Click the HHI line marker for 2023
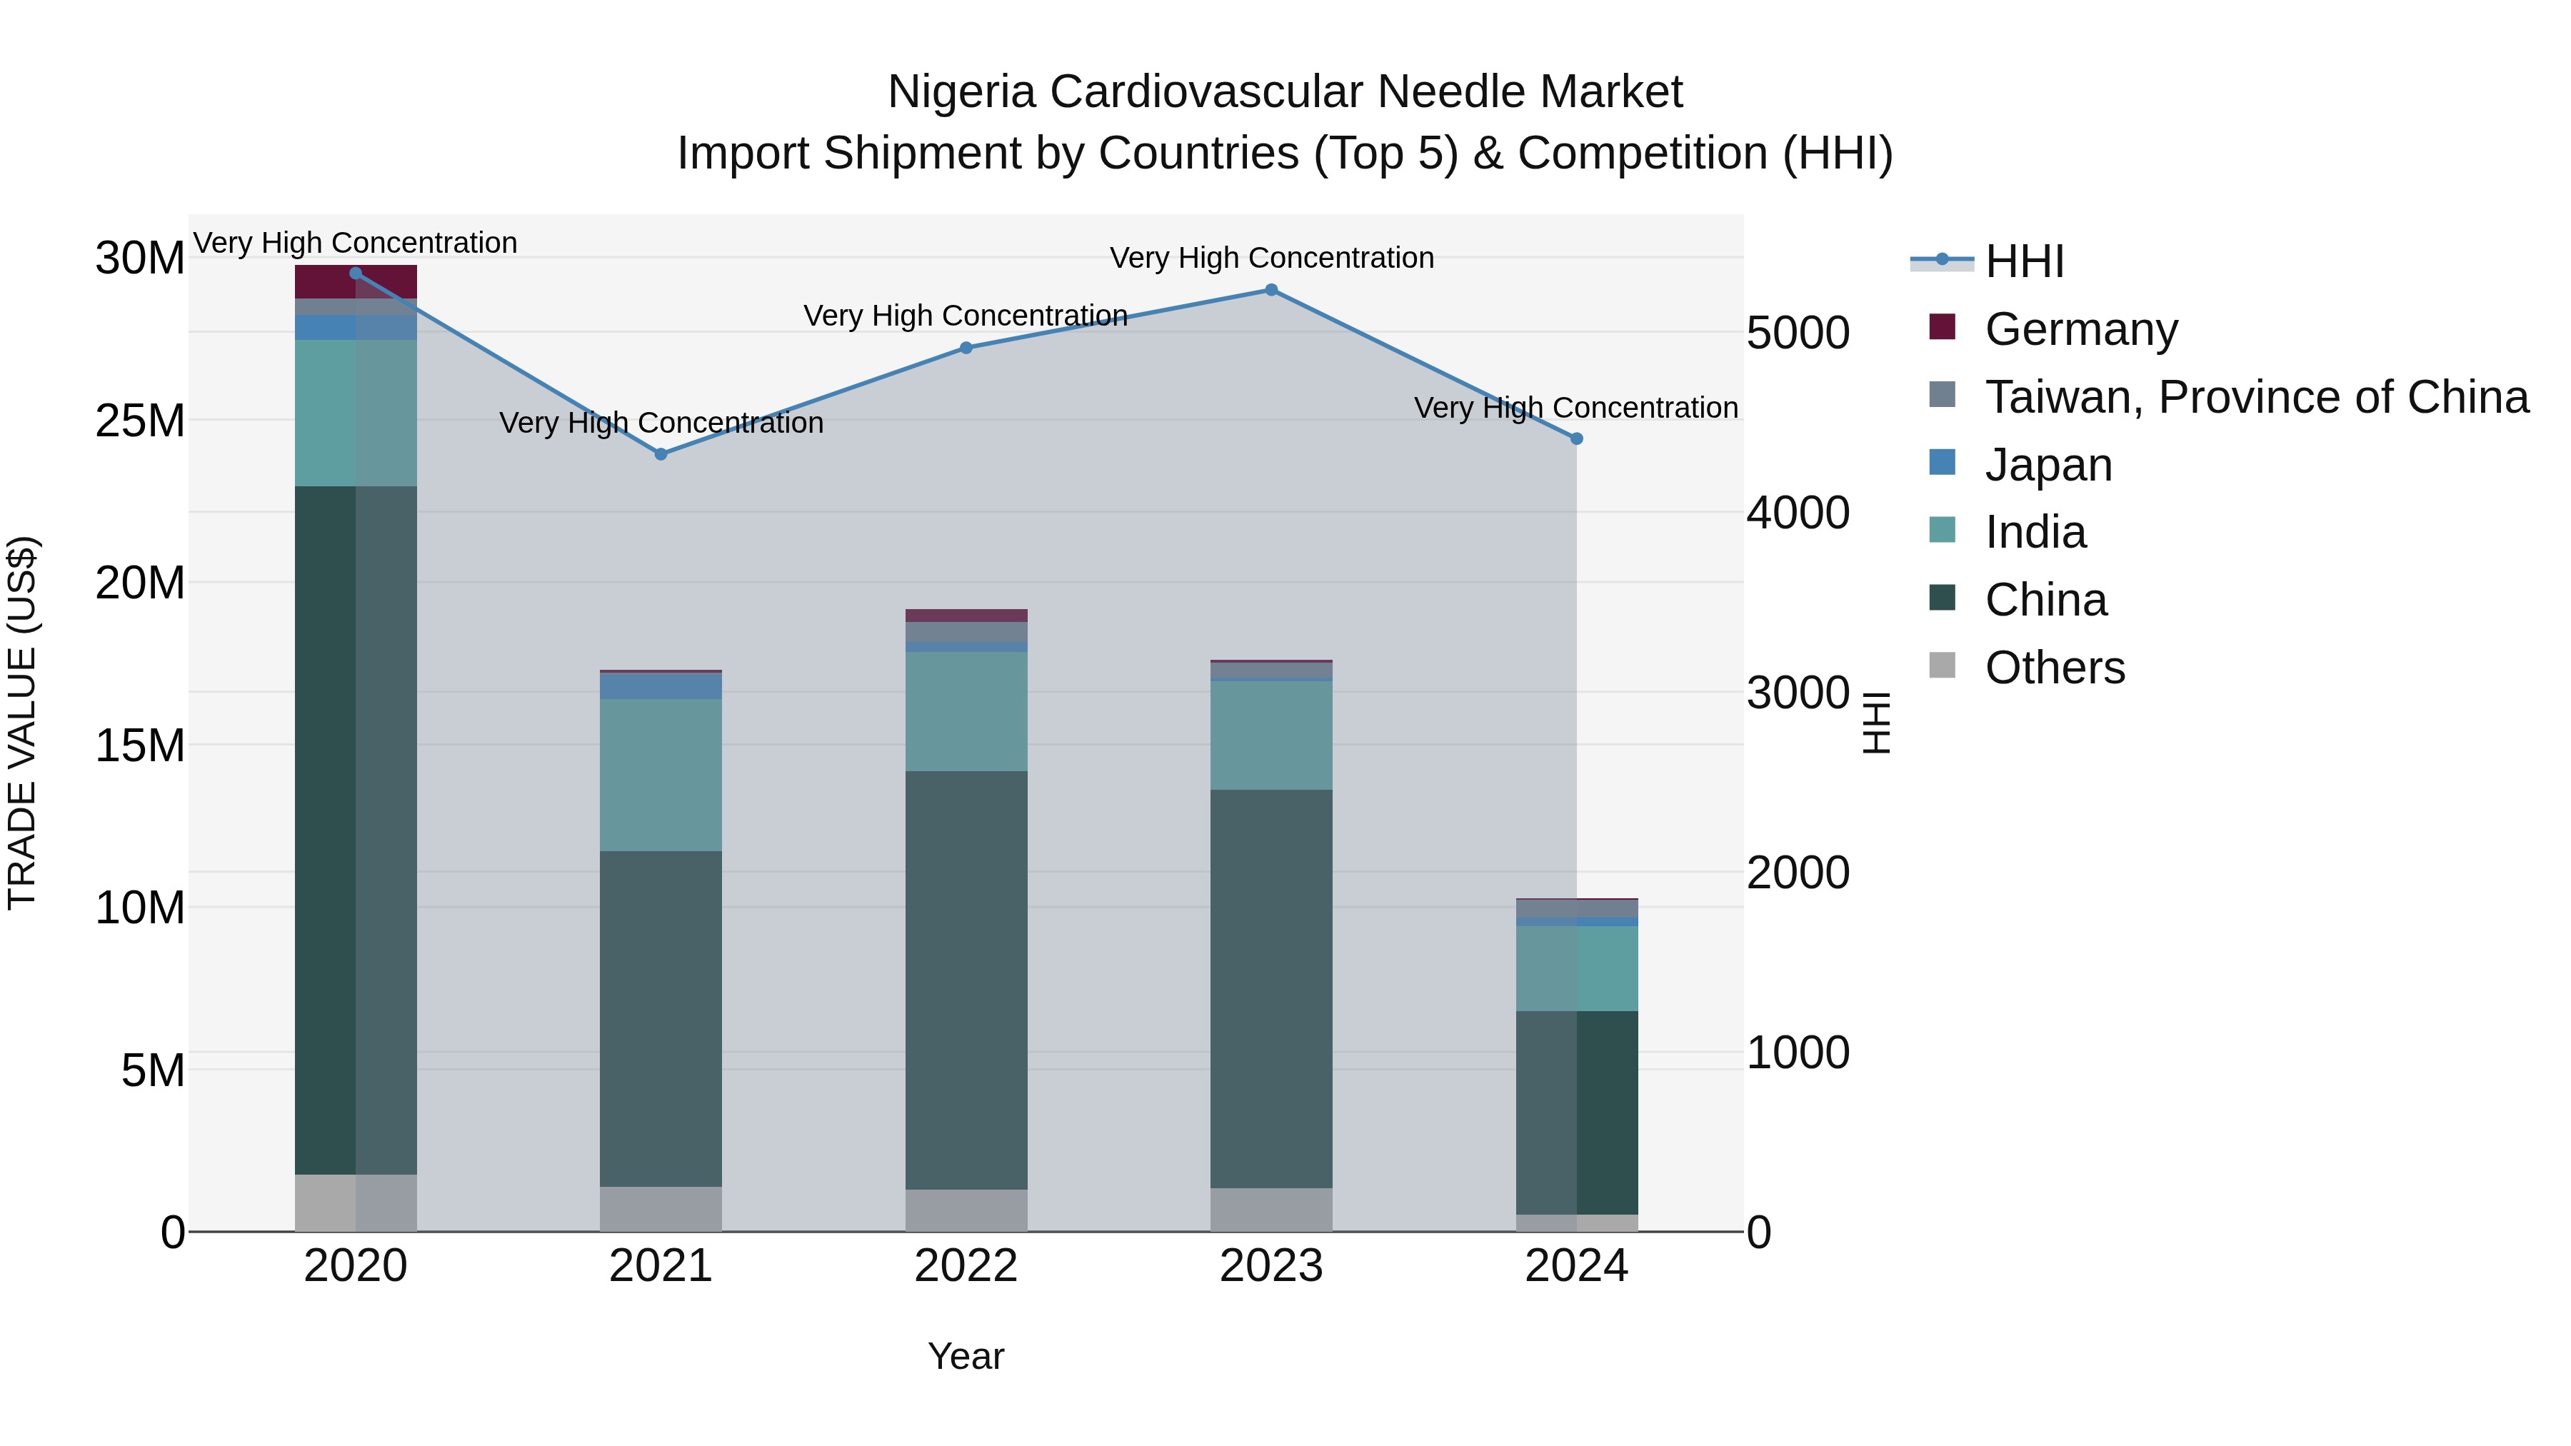(x=1271, y=291)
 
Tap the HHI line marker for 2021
(x=661, y=454)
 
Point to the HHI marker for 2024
(x=1577, y=439)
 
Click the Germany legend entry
(x=2081, y=329)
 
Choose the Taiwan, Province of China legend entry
(x=2255, y=397)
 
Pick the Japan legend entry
(x=2048, y=465)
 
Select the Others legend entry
(x=2054, y=668)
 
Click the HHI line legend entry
(x=2024, y=261)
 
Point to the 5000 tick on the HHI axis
(x=1798, y=333)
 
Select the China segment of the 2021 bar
(x=661, y=1018)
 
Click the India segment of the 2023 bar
(x=1271, y=735)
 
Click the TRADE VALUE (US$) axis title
(x=22, y=723)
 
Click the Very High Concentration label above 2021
(x=661, y=423)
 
